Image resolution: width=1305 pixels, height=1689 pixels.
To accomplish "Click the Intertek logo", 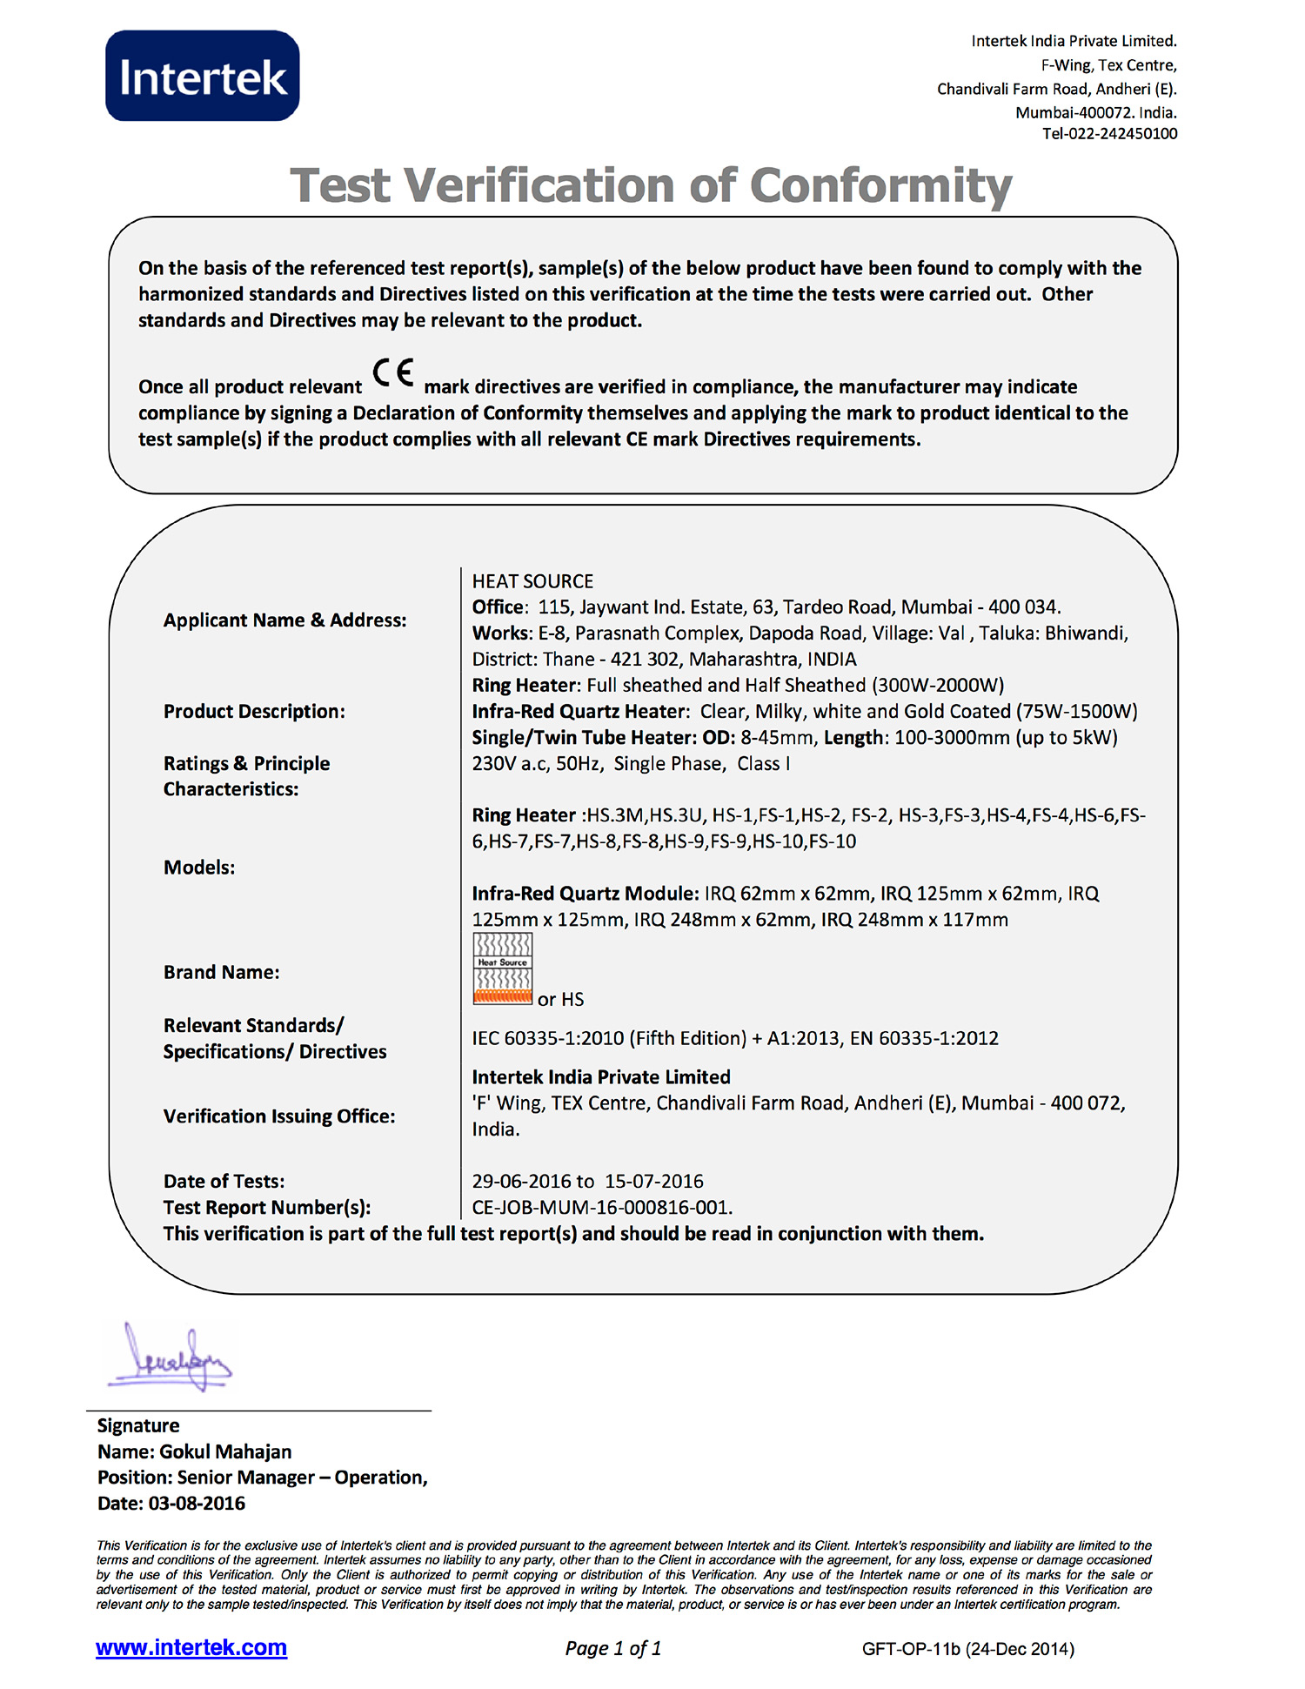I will point(202,77).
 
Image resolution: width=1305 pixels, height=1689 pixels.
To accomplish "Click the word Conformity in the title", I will point(880,185).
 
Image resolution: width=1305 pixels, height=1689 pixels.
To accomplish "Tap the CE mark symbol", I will point(393,373).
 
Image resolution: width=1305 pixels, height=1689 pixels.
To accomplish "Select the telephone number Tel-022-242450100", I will point(1109,134).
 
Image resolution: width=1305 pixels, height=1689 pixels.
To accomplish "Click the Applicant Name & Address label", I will point(284,620).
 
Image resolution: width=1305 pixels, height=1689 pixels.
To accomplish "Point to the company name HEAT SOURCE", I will point(532,581).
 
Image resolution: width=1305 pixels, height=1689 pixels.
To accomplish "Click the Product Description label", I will point(254,712).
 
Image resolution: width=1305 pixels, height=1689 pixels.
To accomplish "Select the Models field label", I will point(199,868).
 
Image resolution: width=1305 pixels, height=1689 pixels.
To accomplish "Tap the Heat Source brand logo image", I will point(502,968).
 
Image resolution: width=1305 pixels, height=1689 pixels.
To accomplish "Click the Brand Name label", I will point(222,972).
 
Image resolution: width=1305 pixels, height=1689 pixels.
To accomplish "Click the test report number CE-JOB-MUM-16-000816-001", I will point(602,1208).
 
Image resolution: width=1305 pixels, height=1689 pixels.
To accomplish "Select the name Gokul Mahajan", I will point(225,1451).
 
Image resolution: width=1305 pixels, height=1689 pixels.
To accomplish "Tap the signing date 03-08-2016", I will point(197,1504).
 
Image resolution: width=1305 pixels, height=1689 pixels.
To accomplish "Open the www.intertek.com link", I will point(191,1647).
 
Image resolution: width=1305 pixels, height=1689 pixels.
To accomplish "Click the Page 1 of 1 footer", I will point(613,1648).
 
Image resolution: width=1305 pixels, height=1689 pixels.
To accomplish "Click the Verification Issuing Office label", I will point(279,1116).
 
